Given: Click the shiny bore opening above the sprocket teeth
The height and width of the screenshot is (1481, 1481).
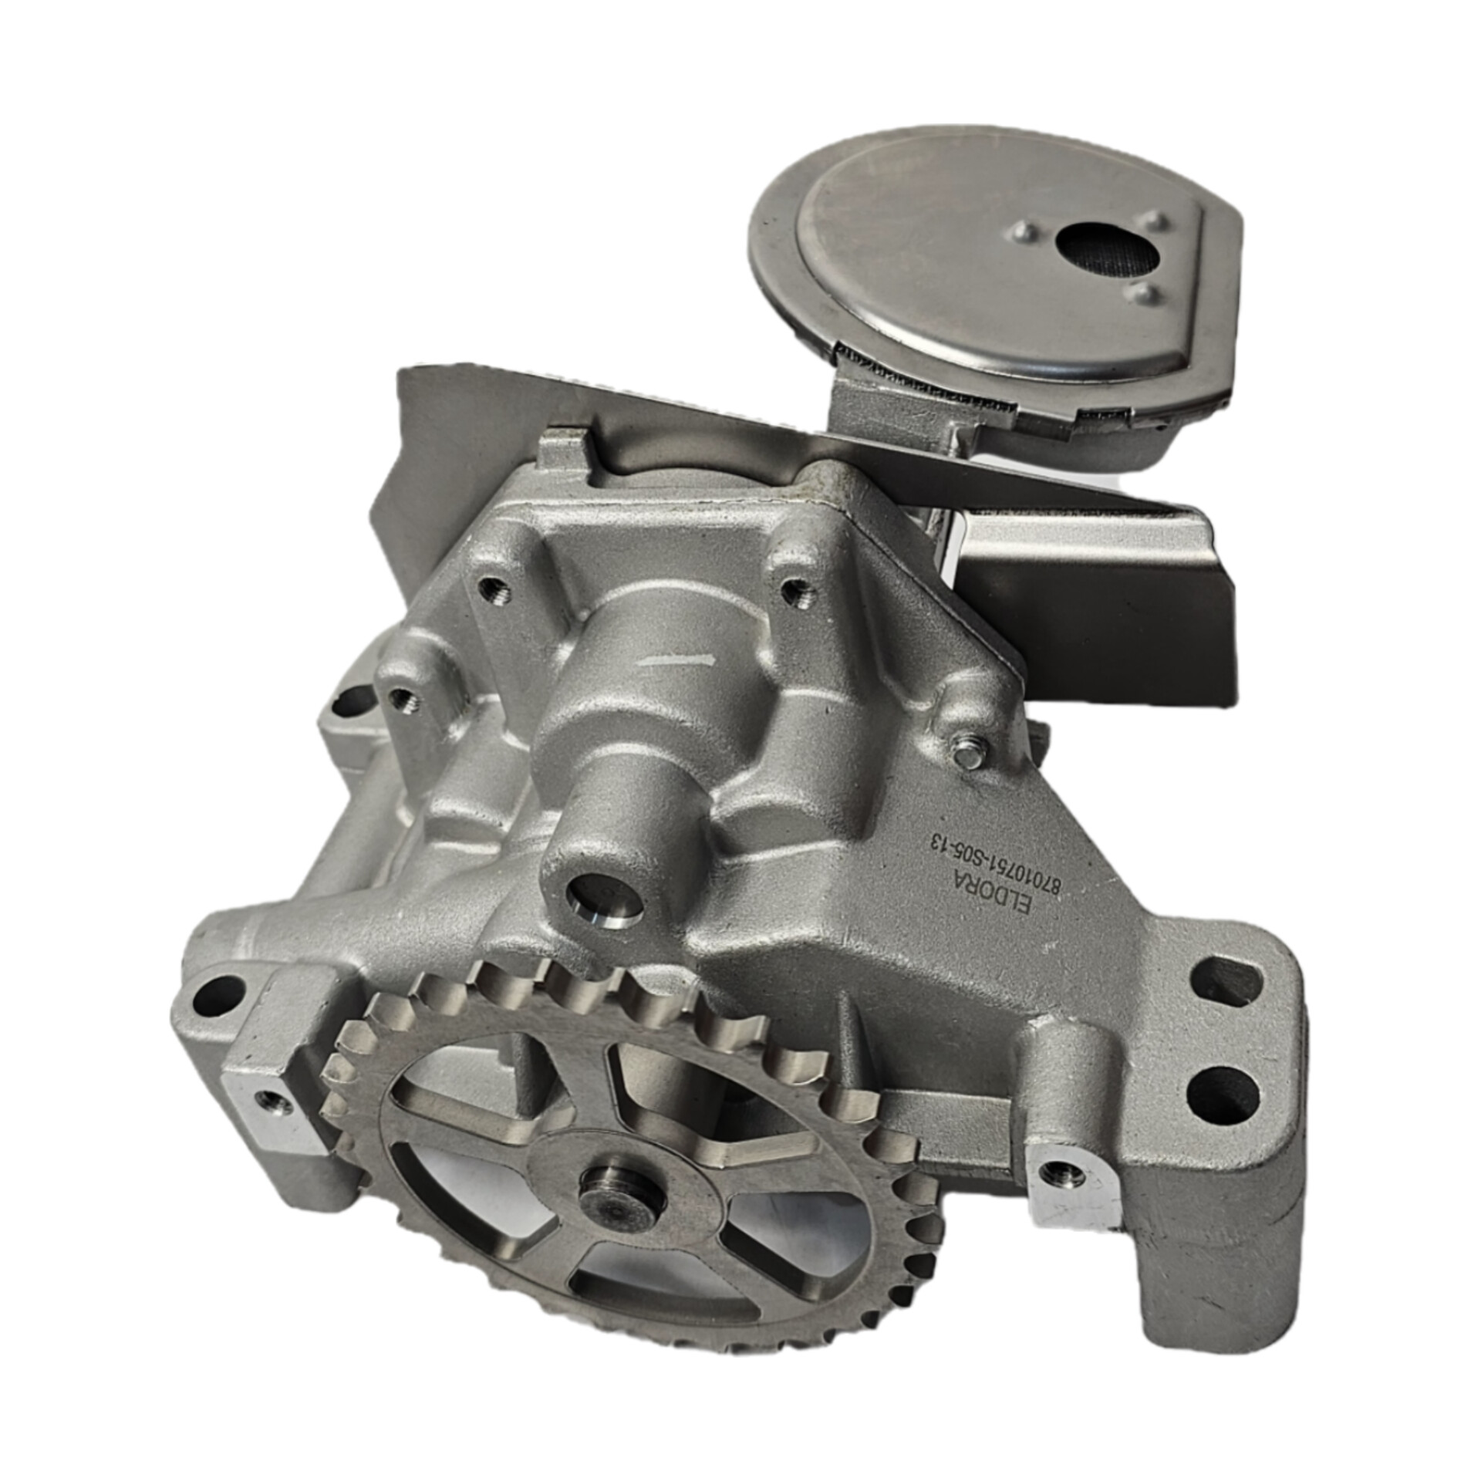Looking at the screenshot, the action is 606,899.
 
